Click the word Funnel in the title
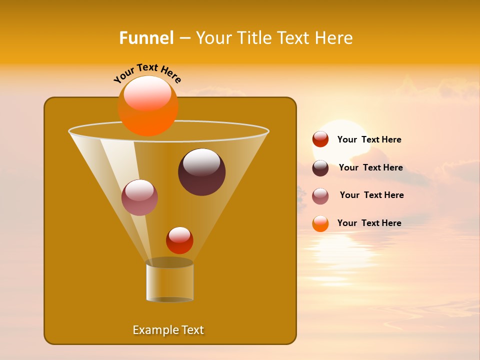146,38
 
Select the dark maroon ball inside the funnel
201,172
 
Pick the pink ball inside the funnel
139,198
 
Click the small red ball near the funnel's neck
179,240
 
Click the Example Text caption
168,330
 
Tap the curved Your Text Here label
147,73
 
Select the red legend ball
320,139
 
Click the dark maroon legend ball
320,168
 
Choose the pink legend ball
320,196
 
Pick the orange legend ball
320,223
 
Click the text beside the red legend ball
369,139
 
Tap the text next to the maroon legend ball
370,167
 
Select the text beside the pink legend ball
371,195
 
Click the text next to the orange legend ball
369,223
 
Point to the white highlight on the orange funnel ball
147,93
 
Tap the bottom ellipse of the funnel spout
169,299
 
